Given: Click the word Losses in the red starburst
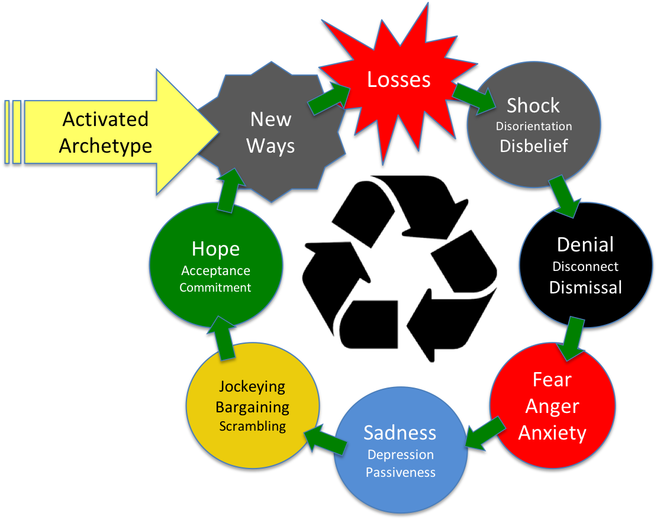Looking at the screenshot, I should (398, 80).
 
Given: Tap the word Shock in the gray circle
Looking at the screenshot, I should (533, 106).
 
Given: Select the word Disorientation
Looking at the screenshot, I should (534, 126).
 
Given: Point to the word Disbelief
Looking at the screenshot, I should (534, 146).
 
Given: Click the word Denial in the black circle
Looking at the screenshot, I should (585, 244).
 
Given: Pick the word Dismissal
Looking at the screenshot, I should (585, 288).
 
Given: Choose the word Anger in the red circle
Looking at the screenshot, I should (552, 406).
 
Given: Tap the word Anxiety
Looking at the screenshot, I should (552, 432).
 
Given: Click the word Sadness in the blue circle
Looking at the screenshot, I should (400, 432).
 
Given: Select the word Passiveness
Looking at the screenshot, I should (400, 473).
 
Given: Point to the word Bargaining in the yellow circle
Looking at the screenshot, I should (252, 407).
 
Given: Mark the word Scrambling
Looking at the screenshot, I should (252, 426).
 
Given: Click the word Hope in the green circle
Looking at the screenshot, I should (215, 249).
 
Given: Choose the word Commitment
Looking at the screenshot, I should (215, 288).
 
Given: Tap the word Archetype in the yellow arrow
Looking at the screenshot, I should (105, 146).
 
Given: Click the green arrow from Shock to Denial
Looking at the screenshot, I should (564, 195).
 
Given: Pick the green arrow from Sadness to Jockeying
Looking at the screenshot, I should (326, 441).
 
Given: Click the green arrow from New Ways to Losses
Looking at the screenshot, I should (329, 98).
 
